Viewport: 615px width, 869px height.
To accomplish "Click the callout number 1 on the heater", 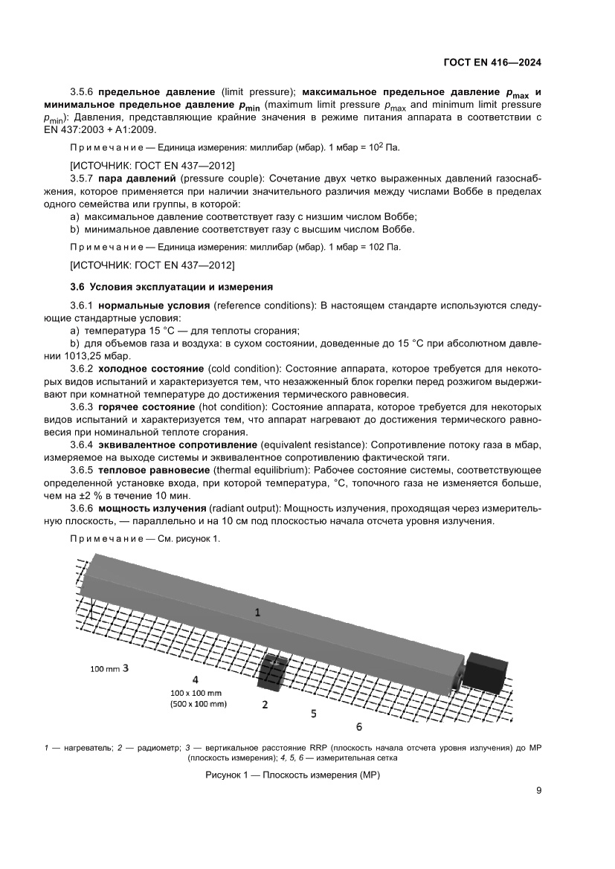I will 257,613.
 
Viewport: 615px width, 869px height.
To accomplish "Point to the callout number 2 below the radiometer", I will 265,704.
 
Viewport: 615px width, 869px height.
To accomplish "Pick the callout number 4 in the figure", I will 195,679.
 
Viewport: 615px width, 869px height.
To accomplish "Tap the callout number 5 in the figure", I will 314,713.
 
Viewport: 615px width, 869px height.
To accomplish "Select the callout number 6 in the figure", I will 358,726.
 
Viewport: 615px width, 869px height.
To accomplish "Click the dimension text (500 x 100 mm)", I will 198,702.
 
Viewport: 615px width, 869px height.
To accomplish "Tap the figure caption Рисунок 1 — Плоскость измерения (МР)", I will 292,775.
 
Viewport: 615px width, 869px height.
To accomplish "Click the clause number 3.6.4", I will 80,444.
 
